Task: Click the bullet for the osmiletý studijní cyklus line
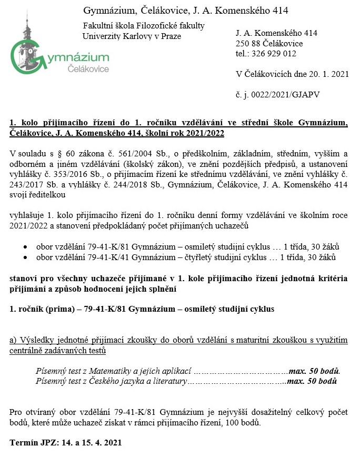[26, 247]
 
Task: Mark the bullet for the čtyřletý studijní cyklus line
[26, 257]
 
